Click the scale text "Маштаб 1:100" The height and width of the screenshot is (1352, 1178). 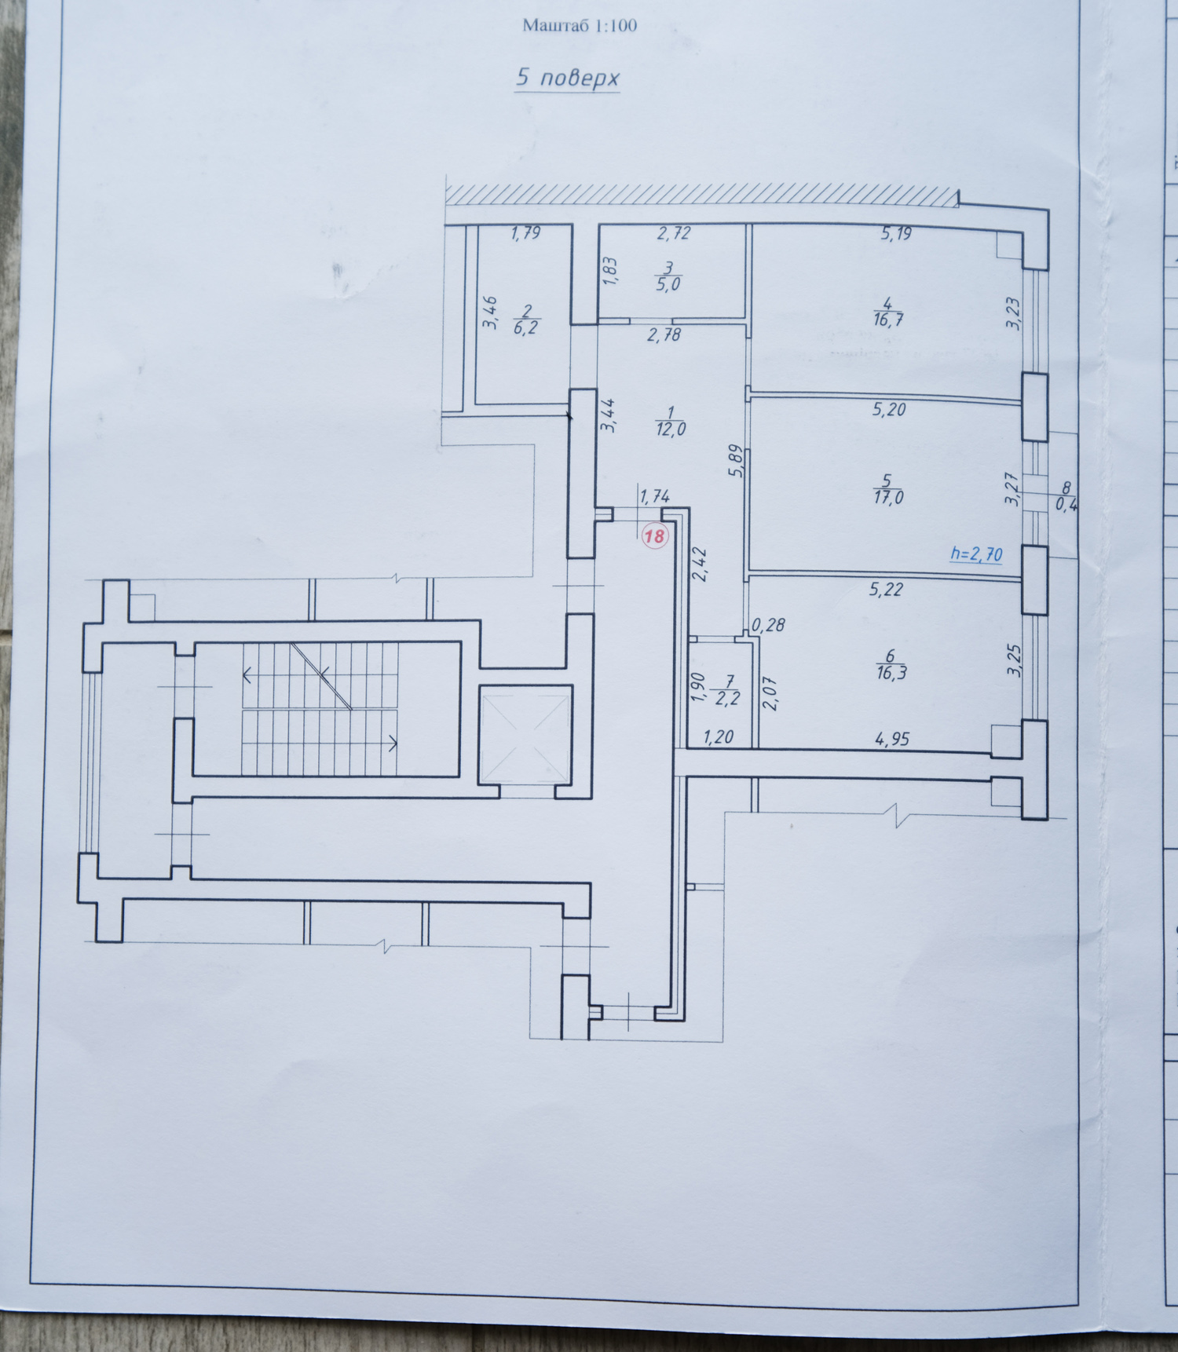[580, 26]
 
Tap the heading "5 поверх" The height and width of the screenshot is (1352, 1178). [567, 78]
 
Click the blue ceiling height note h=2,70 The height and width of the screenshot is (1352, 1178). [976, 554]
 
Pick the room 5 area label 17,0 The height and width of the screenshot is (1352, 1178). [887, 497]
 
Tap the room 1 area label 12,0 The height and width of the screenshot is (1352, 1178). [670, 428]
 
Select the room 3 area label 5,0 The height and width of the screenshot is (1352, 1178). [668, 285]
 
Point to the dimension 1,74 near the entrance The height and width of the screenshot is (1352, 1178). [655, 495]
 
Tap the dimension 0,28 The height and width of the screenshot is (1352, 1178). [768, 626]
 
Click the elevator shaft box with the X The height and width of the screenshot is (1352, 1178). [525, 736]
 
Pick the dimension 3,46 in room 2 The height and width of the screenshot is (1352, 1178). [490, 312]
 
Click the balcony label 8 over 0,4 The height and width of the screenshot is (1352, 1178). [1066, 497]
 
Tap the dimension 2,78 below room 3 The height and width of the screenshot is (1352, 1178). [664, 335]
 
